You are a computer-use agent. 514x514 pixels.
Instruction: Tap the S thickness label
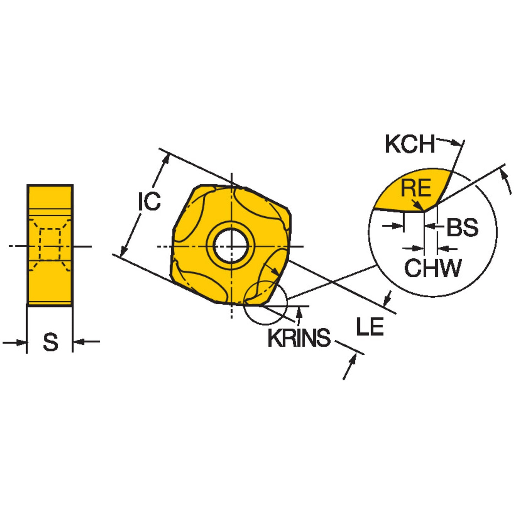pos(50,343)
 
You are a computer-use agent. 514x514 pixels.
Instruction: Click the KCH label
pos(410,144)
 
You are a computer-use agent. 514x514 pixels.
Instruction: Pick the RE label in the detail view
pos(416,188)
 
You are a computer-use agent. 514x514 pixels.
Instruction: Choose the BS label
pos(462,227)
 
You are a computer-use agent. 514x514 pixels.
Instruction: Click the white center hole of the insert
pos(231,246)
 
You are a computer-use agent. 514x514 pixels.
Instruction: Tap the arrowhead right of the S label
pos(79,341)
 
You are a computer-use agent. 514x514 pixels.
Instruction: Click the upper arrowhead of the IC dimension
pos(167,158)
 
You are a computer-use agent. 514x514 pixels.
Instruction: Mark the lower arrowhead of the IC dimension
pos(123,252)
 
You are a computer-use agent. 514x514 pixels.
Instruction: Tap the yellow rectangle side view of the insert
pos(50,245)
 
